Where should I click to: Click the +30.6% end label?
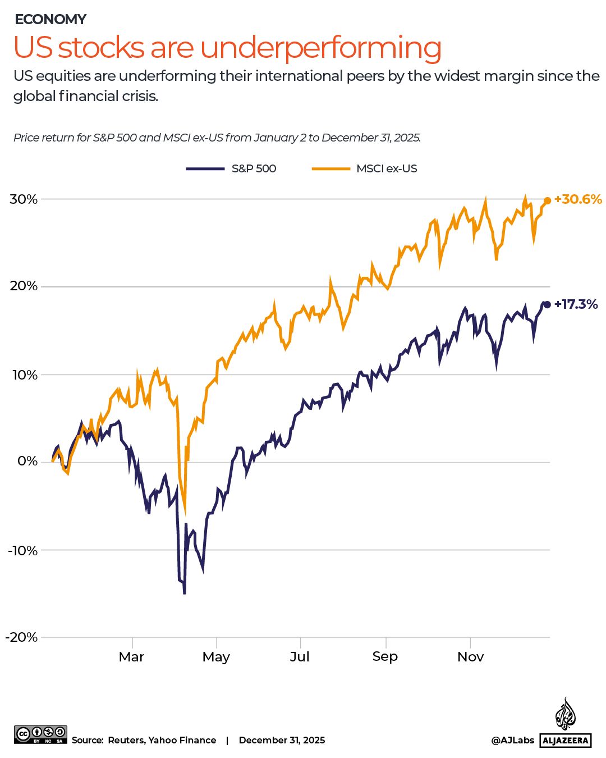tap(577, 199)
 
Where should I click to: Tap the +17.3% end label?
tap(576, 304)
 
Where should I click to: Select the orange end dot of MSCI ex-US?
tap(547, 201)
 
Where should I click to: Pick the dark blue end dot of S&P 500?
tap(547, 304)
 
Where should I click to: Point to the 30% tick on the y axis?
tap(24, 199)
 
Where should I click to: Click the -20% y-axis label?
tap(22, 637)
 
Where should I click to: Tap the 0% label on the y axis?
tap(27, 462)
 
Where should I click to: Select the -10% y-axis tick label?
tap(22, 550)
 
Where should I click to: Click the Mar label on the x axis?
tap(132, 657)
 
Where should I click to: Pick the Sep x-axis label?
tap(385, 656)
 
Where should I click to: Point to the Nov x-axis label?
tap(470, 657)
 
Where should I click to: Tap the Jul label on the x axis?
tap(300, 657)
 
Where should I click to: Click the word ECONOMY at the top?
tap(50, 19)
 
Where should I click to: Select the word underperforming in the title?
tap(320, 48)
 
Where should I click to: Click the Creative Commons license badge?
tap(40, 734)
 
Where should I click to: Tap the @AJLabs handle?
tap(512, 741)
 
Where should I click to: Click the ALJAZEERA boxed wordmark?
tap(566, 741)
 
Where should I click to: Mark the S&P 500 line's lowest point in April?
tap(184, 592)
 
